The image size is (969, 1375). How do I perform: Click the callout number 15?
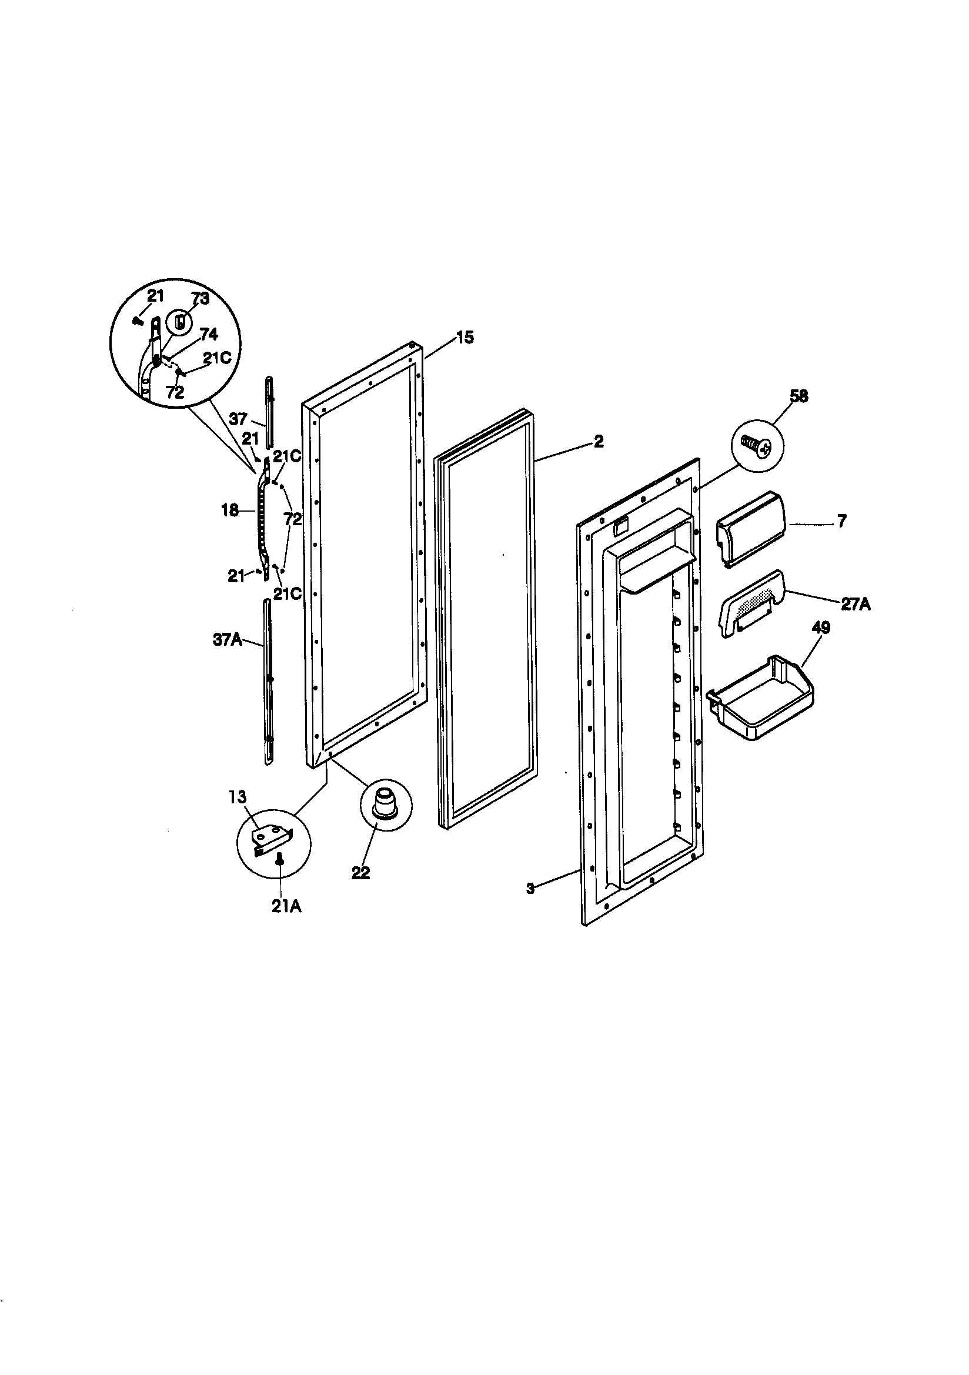tap(465, 338)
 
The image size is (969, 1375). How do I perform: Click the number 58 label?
tap(799, 396)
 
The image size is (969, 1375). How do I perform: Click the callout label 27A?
tap(855, 605)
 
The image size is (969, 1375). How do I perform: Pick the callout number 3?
tap(530, 889)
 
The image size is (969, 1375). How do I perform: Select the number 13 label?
tap(237, 796)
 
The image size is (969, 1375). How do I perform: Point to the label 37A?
tap(228, 640)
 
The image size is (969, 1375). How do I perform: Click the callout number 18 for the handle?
tap(230, 511)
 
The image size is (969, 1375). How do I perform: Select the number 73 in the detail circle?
tap(200, 298)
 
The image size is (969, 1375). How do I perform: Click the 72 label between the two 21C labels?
tap(293, 519)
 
